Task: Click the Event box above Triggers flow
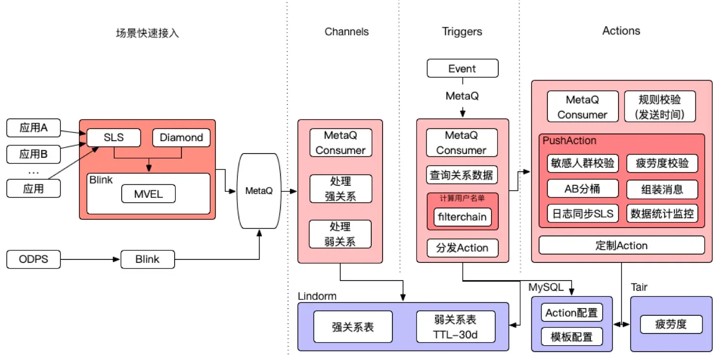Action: (462, 68)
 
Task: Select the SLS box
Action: (113, 137)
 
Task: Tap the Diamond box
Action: (181, 137)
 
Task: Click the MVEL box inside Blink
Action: (148, 194)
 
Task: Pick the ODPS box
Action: (33, 259)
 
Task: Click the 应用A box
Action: (33, 128)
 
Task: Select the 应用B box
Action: (33, 154)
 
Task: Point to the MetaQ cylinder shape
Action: (258, 191)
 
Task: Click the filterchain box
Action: (462, 216)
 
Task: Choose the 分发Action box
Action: (462, 248)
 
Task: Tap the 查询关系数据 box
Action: (462, 174)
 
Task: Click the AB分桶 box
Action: (582, 188)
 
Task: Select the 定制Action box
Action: (621, 245)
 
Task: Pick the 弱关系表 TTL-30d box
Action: (455, 327)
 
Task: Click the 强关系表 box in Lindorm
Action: (353, 327)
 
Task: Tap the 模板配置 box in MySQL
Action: (571, 337)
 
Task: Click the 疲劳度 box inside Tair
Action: (671, 324)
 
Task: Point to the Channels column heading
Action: (346, 32)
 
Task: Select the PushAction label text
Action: (569, 141)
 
